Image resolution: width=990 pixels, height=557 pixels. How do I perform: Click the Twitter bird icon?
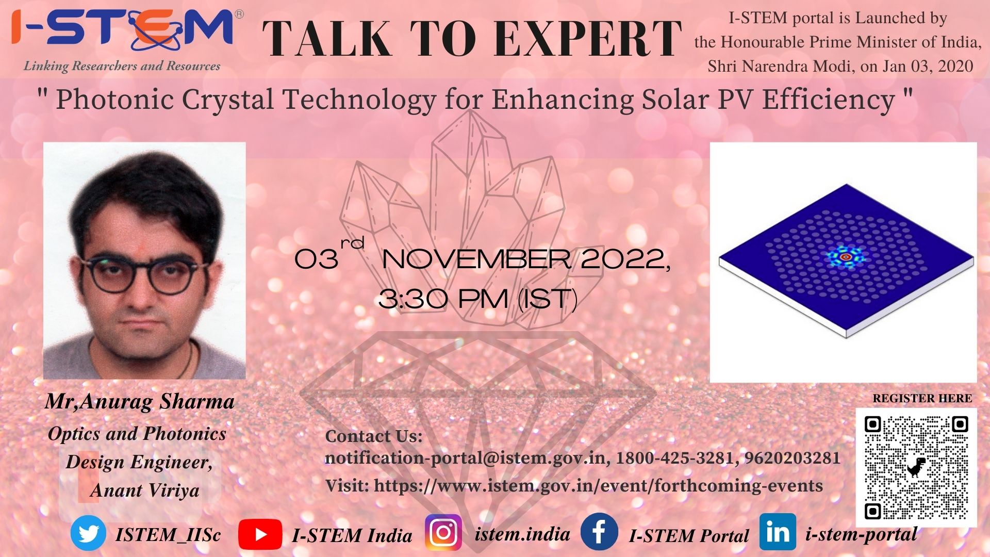88,534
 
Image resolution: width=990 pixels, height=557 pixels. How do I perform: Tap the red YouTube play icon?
260,534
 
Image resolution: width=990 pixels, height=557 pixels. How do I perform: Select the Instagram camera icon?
443,532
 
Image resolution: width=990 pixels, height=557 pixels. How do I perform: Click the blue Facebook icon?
599,532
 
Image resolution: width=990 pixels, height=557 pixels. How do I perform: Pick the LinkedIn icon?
778,532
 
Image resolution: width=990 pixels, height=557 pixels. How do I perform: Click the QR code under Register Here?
916,467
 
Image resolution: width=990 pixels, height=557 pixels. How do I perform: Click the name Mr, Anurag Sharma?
140,401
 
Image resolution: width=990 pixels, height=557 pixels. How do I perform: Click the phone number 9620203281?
793,457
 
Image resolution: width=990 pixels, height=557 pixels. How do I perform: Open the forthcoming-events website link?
598,486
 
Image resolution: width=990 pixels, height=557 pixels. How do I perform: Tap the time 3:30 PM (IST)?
478,299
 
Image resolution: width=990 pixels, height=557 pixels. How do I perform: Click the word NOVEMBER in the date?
476,259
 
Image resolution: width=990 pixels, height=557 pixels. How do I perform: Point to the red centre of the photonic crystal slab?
845,256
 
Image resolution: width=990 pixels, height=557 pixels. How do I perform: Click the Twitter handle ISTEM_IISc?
168,534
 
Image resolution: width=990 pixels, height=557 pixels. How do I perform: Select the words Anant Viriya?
145,490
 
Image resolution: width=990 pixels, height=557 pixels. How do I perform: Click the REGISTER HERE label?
922,398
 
